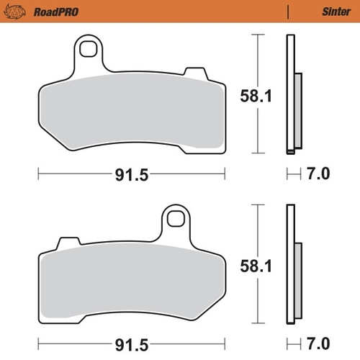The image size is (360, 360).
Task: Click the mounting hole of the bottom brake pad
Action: pyautogui.click(x=174, y=215)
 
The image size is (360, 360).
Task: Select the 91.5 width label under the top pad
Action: pyautogui.click(x=131, y=174)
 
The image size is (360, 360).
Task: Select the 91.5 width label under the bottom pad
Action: pyautogui.click(x=131, y=341)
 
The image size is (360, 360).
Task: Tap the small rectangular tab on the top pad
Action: pyautogui.click(x=194, y=71)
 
